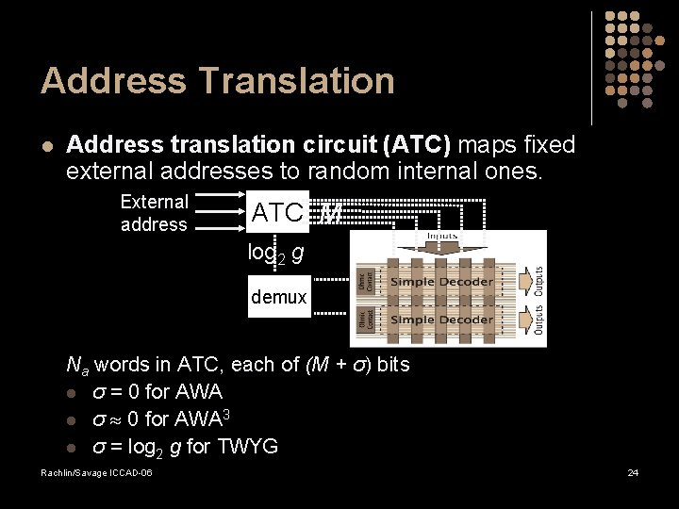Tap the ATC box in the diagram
pyautogui.click(x=277, y=214)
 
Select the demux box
pyautogui.click(x=278, y=297)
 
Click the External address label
pyautogui.click(x=154, y=213)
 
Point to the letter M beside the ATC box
pyautogui.click(x=330, y=214)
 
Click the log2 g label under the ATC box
pyautogui.click(x=275, y=253)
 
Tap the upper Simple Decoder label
pyautogui.click(x=442, y=282)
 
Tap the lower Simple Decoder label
pyautogui.click(x=442, y=320)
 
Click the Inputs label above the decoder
pyautogui.click(x=442, y=236)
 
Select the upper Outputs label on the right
pyautogui.click(x=538, y=282)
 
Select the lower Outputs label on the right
pyautogui.click(x=538, y=320)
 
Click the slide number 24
pyautogui.click(x=633, y=471)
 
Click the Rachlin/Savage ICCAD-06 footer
pyautogui.click(x=96, y=471)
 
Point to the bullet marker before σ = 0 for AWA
pyautogui.click(x=73, y=391)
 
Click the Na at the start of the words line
pyautogui.click(x=77, y=365)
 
